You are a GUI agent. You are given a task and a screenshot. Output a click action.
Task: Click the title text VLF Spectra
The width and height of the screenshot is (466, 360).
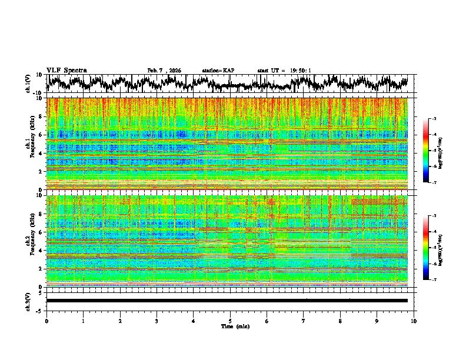66,70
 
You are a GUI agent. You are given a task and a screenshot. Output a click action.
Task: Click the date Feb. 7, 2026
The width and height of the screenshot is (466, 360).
164,71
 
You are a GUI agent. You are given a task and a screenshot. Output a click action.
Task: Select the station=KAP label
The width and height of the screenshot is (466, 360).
218,71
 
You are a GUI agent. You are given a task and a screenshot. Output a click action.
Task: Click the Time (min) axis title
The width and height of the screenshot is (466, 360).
234,326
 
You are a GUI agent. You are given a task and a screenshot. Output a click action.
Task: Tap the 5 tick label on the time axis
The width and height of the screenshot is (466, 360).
230,321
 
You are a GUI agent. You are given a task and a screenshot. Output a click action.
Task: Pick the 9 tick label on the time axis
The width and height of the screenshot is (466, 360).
377,321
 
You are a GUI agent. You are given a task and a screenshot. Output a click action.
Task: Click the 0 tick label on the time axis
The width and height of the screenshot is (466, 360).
46,321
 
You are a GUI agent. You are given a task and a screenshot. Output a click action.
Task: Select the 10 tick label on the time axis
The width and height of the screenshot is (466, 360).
414,321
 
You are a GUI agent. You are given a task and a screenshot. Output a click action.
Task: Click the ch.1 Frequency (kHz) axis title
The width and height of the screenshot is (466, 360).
31,144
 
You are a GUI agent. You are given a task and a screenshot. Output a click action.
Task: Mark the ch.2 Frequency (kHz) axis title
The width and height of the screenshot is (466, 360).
31,241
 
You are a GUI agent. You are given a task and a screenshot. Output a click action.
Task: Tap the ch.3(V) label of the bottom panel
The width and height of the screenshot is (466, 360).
28,300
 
